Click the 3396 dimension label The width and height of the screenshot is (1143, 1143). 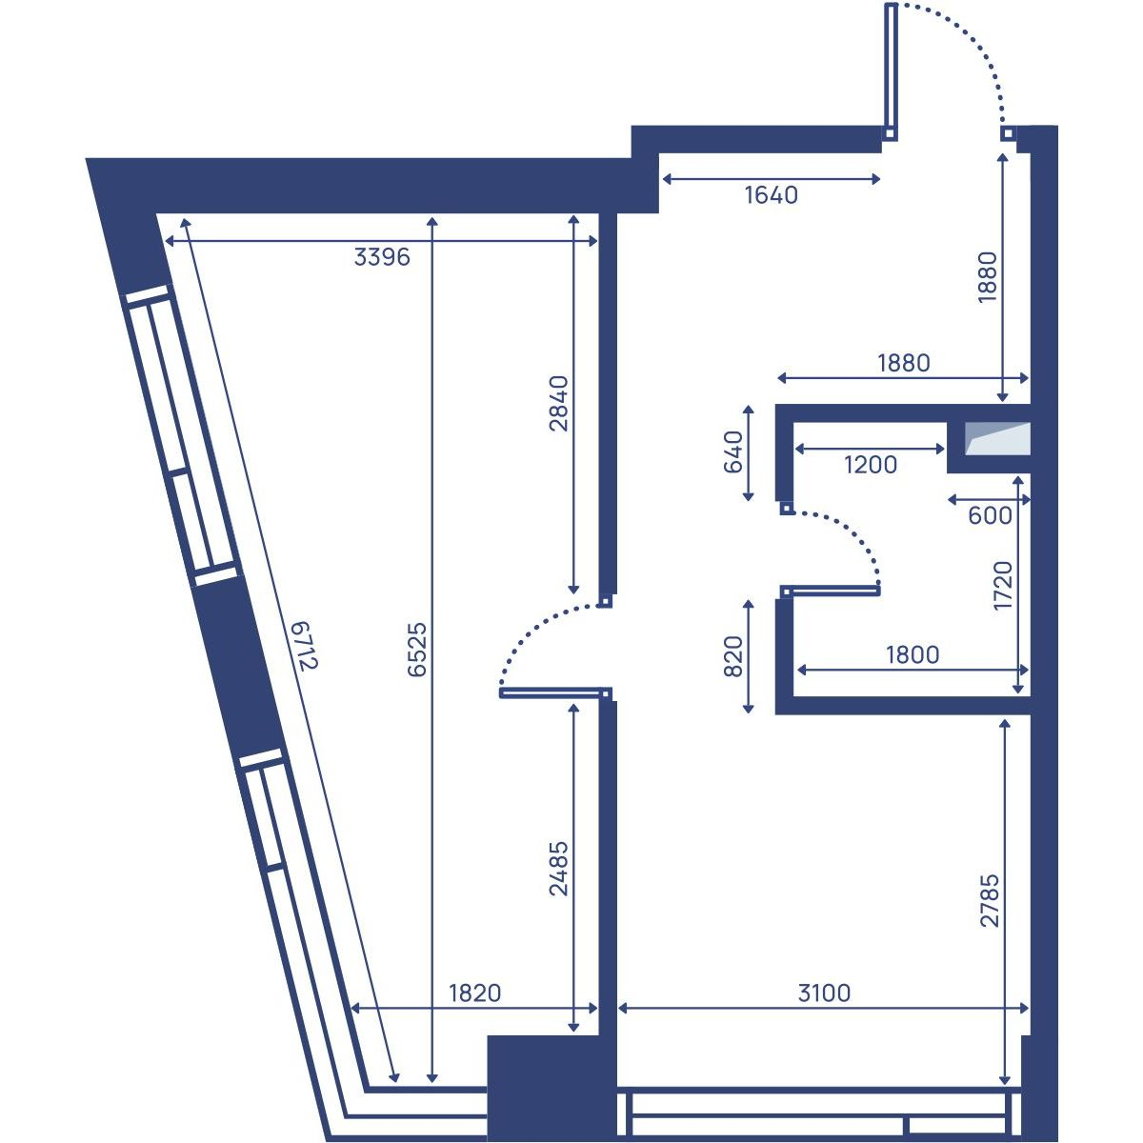382,257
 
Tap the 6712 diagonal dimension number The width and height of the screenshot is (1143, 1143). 308,646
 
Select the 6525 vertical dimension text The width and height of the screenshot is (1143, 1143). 417,650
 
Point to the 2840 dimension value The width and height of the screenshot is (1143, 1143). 559,403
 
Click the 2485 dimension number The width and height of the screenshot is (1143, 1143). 559,869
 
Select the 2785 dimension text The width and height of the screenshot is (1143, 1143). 990,900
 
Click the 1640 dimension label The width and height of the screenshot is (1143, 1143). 772,195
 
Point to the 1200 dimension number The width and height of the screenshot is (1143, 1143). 871,465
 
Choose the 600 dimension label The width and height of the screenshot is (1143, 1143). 990,516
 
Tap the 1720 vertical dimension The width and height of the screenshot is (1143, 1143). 1003,586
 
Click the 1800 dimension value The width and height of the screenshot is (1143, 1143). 912,654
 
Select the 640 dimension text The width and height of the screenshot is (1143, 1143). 733,452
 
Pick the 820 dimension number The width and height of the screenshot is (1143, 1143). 733,656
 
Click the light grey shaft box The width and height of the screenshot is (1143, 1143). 997,438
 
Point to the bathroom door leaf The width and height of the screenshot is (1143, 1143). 830,591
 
